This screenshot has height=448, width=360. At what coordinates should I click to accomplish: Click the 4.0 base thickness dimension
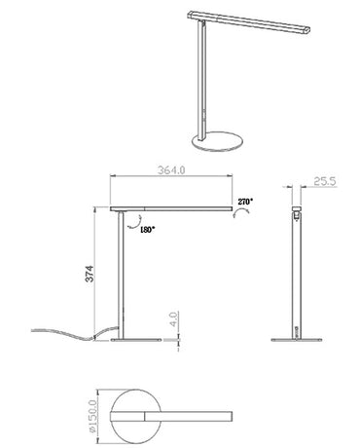tap(171, 318)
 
